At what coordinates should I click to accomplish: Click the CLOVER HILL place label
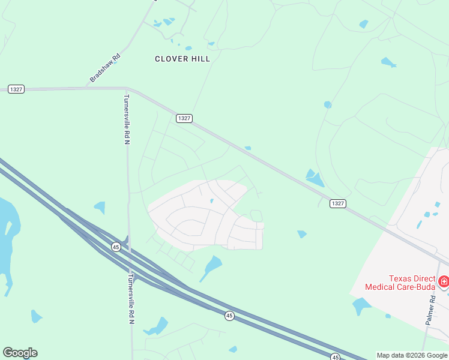click(182, 59)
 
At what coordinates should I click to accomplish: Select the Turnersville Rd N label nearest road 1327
click(127, 119)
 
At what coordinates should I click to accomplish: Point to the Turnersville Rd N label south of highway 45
click(131, 300)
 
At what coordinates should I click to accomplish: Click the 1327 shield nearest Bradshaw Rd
click(16, 89)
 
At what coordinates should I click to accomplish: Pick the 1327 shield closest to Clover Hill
click(184, 118)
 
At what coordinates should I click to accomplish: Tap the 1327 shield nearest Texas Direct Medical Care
click(338, 203)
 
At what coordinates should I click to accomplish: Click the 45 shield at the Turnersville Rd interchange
click(116, 247)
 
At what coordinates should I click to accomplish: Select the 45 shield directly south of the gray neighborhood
click(229, 316)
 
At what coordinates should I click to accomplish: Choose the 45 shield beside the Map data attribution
click(336, 357)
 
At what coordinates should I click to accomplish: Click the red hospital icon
click(444, 281)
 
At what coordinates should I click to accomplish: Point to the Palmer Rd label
click(430, 310)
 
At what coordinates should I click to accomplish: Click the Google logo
click(20, 352)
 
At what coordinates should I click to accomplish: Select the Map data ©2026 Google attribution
click(412, 355)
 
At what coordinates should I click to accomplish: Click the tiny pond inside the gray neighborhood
click(212, 201)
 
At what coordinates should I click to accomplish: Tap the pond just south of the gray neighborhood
click(212, 265)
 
